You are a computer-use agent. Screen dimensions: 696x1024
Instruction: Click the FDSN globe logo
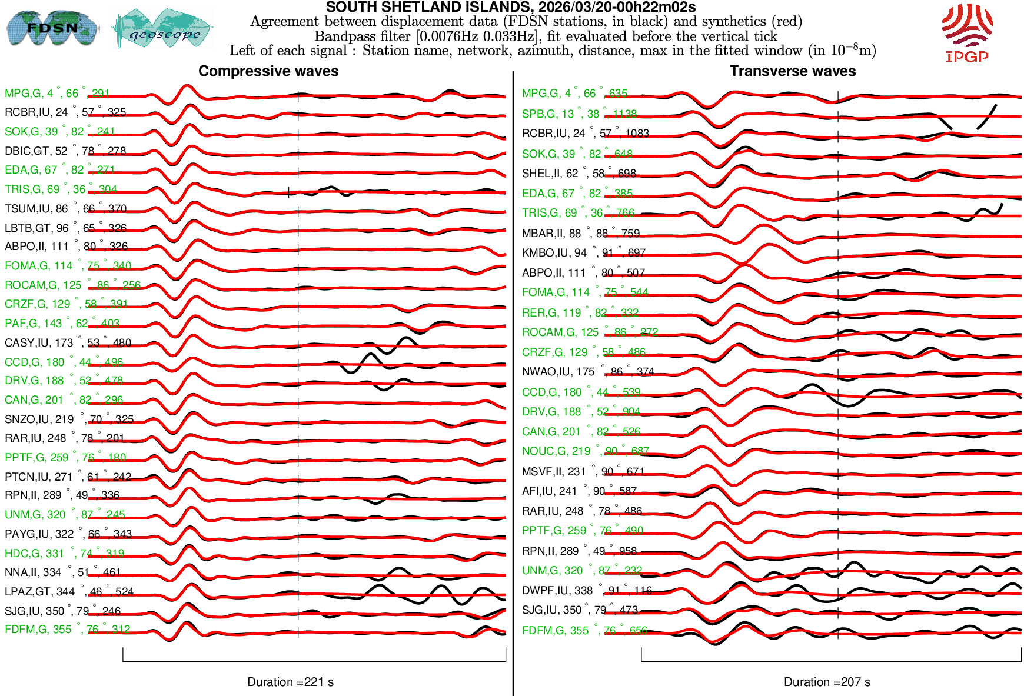(x=52, y=28)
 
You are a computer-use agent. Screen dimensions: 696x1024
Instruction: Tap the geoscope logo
(x=163, y=29)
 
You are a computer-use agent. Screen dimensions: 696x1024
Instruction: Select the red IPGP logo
(x=967, y=32)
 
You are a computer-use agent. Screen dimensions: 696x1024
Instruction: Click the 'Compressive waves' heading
(x=268, y=71)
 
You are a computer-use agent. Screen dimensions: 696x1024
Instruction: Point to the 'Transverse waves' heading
(x=792, y=71)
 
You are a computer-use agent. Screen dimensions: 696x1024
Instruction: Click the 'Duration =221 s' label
(x=290, y=682)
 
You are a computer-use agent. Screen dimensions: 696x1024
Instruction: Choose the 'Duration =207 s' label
(x=827, y=682)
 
